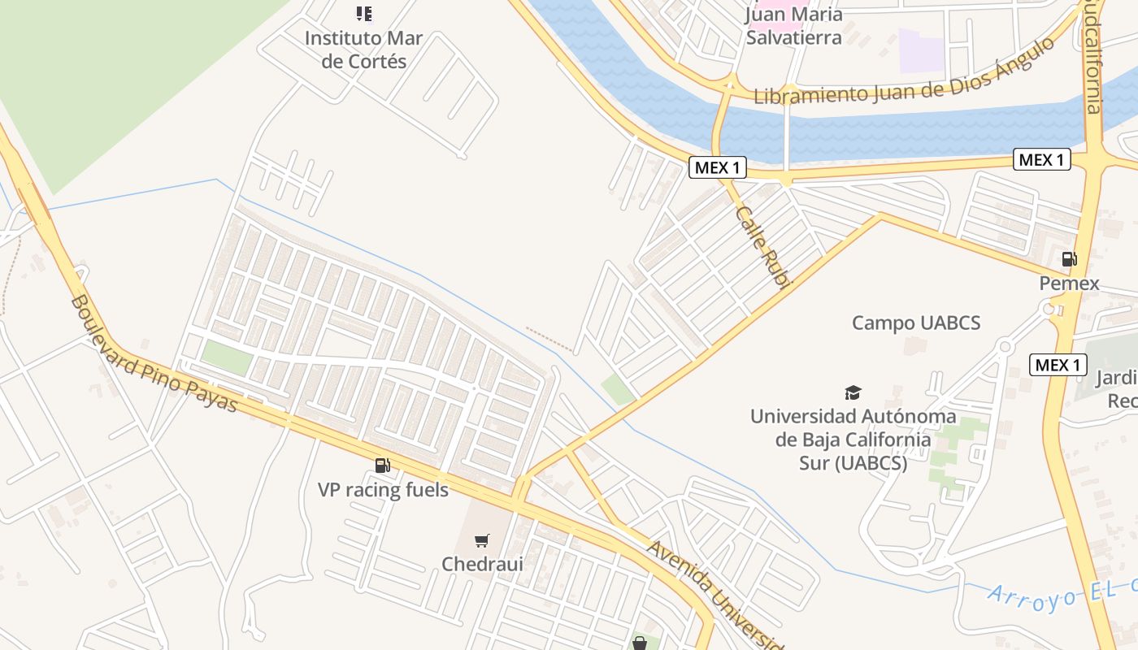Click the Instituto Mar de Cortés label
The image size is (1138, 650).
point(363,50)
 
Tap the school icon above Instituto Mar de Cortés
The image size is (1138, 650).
point(364,14)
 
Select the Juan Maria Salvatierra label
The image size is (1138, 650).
point(794,26)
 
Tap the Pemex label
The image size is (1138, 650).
point(1069,284)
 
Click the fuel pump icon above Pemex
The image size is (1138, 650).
point(1069,259)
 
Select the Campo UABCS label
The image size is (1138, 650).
point(916,323)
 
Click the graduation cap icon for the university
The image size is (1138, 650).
point(852,393)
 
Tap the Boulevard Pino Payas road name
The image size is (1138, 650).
point(154,353)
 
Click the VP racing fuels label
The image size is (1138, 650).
point(383,490)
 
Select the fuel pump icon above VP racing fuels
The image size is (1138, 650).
point(382,466)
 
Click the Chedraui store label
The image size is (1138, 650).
point(482,563)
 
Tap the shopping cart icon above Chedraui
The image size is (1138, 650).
point(482,540)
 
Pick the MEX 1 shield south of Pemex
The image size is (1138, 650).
point(1058,365)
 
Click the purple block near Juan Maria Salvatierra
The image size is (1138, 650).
point(921,50)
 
